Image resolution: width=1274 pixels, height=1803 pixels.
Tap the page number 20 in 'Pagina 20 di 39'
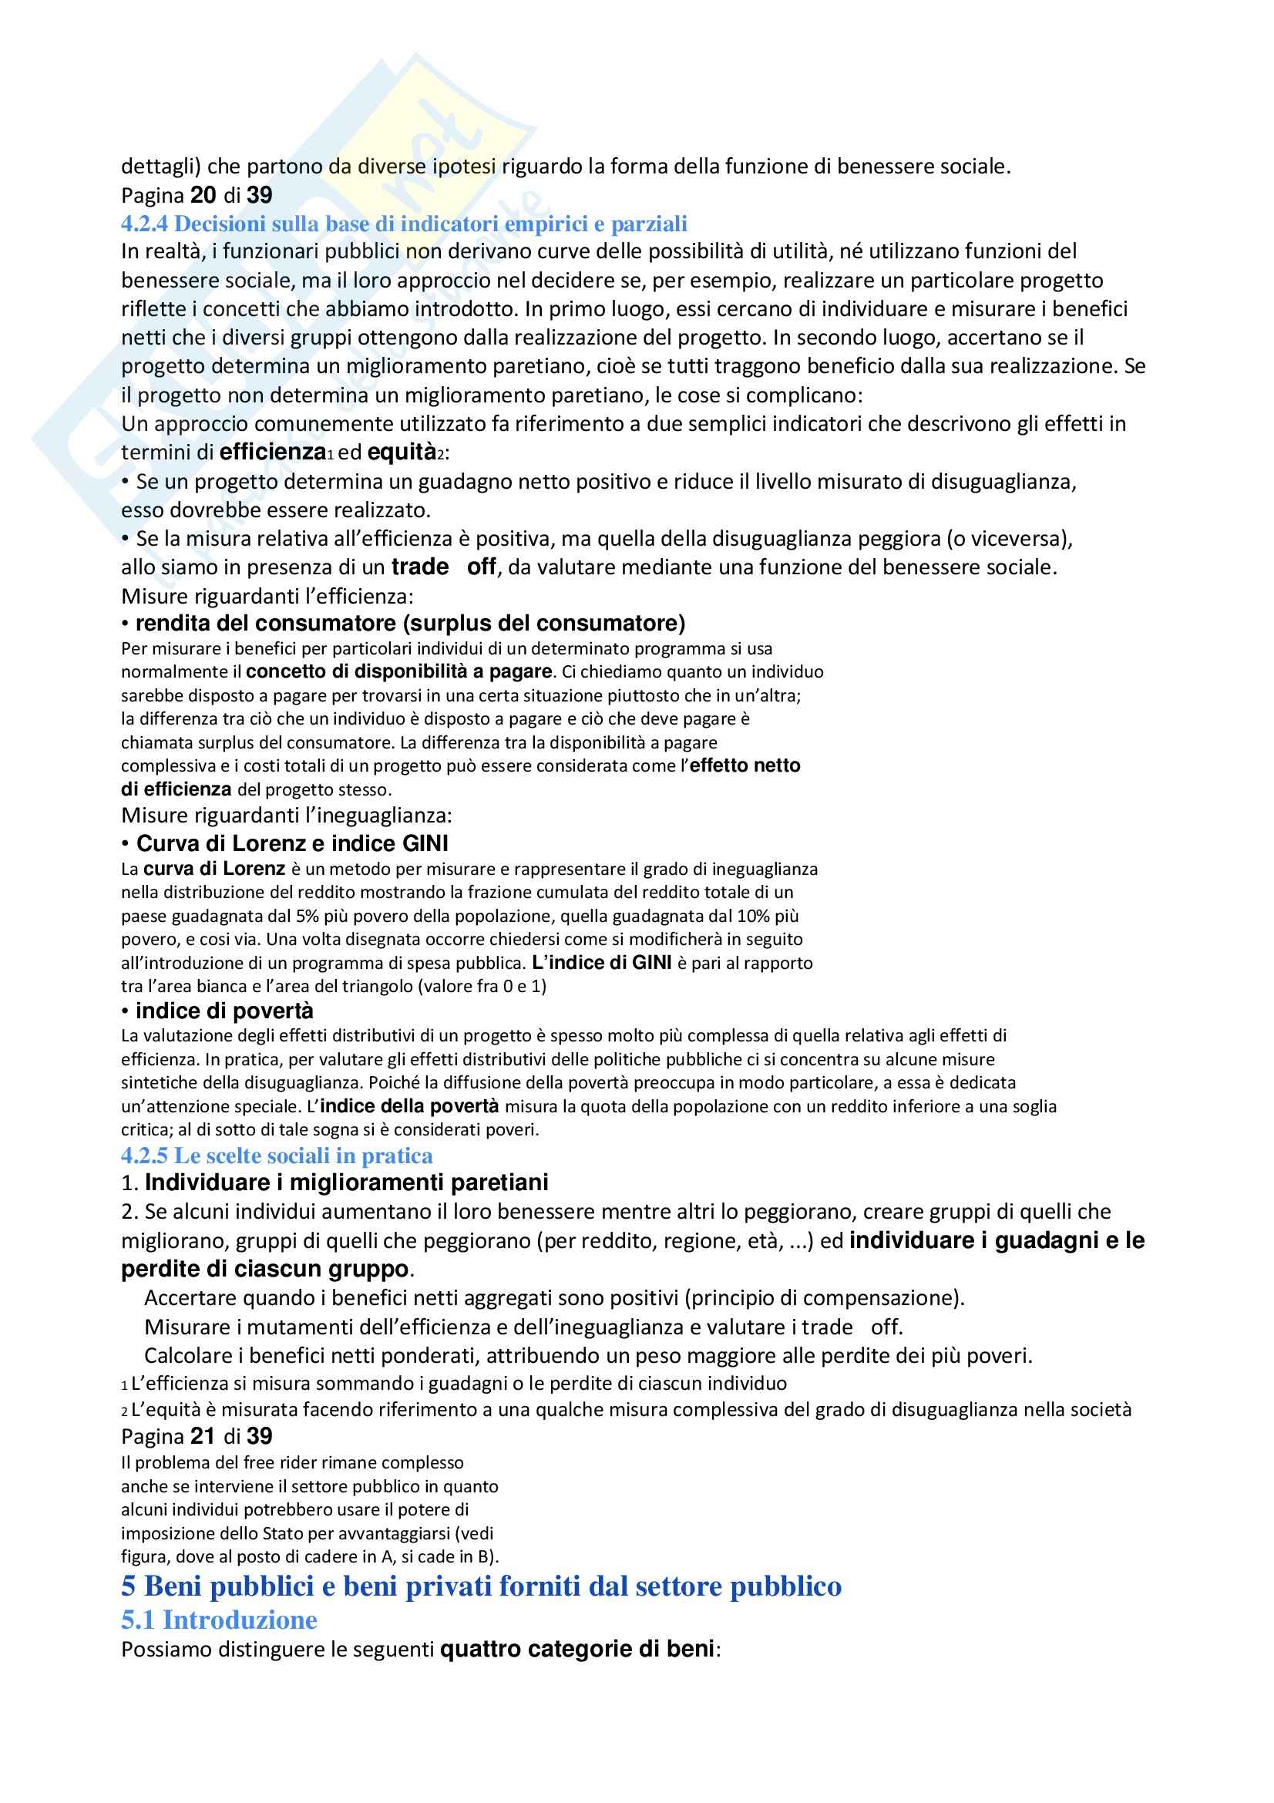203,195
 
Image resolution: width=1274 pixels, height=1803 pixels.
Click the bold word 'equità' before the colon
401,452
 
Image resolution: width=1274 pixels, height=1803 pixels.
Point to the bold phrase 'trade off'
443,567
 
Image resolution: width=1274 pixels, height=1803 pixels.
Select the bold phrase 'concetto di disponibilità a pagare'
398,671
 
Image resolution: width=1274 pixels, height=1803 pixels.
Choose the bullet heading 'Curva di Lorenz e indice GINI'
292,843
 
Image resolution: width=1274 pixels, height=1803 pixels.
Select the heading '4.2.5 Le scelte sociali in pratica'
277,1156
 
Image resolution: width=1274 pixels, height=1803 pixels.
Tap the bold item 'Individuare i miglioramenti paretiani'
346,1182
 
